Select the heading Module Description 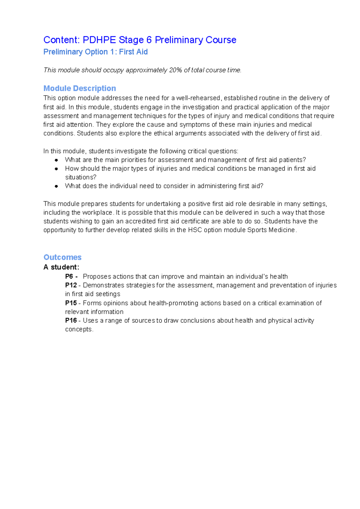(79, 88)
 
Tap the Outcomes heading (62, 257)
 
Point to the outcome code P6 (69, 276)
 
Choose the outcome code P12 (71, 285)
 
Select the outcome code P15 (71, 303)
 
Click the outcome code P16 (71, 320)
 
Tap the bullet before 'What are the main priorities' (56, 160)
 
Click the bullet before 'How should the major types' (56, 169)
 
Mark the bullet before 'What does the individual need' (56, 186)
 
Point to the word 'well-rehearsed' (198, 98)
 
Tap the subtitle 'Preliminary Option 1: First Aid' (95, 52)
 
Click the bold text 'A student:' (61, 267)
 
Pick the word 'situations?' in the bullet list (81, 177)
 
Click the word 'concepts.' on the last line (79, 329)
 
